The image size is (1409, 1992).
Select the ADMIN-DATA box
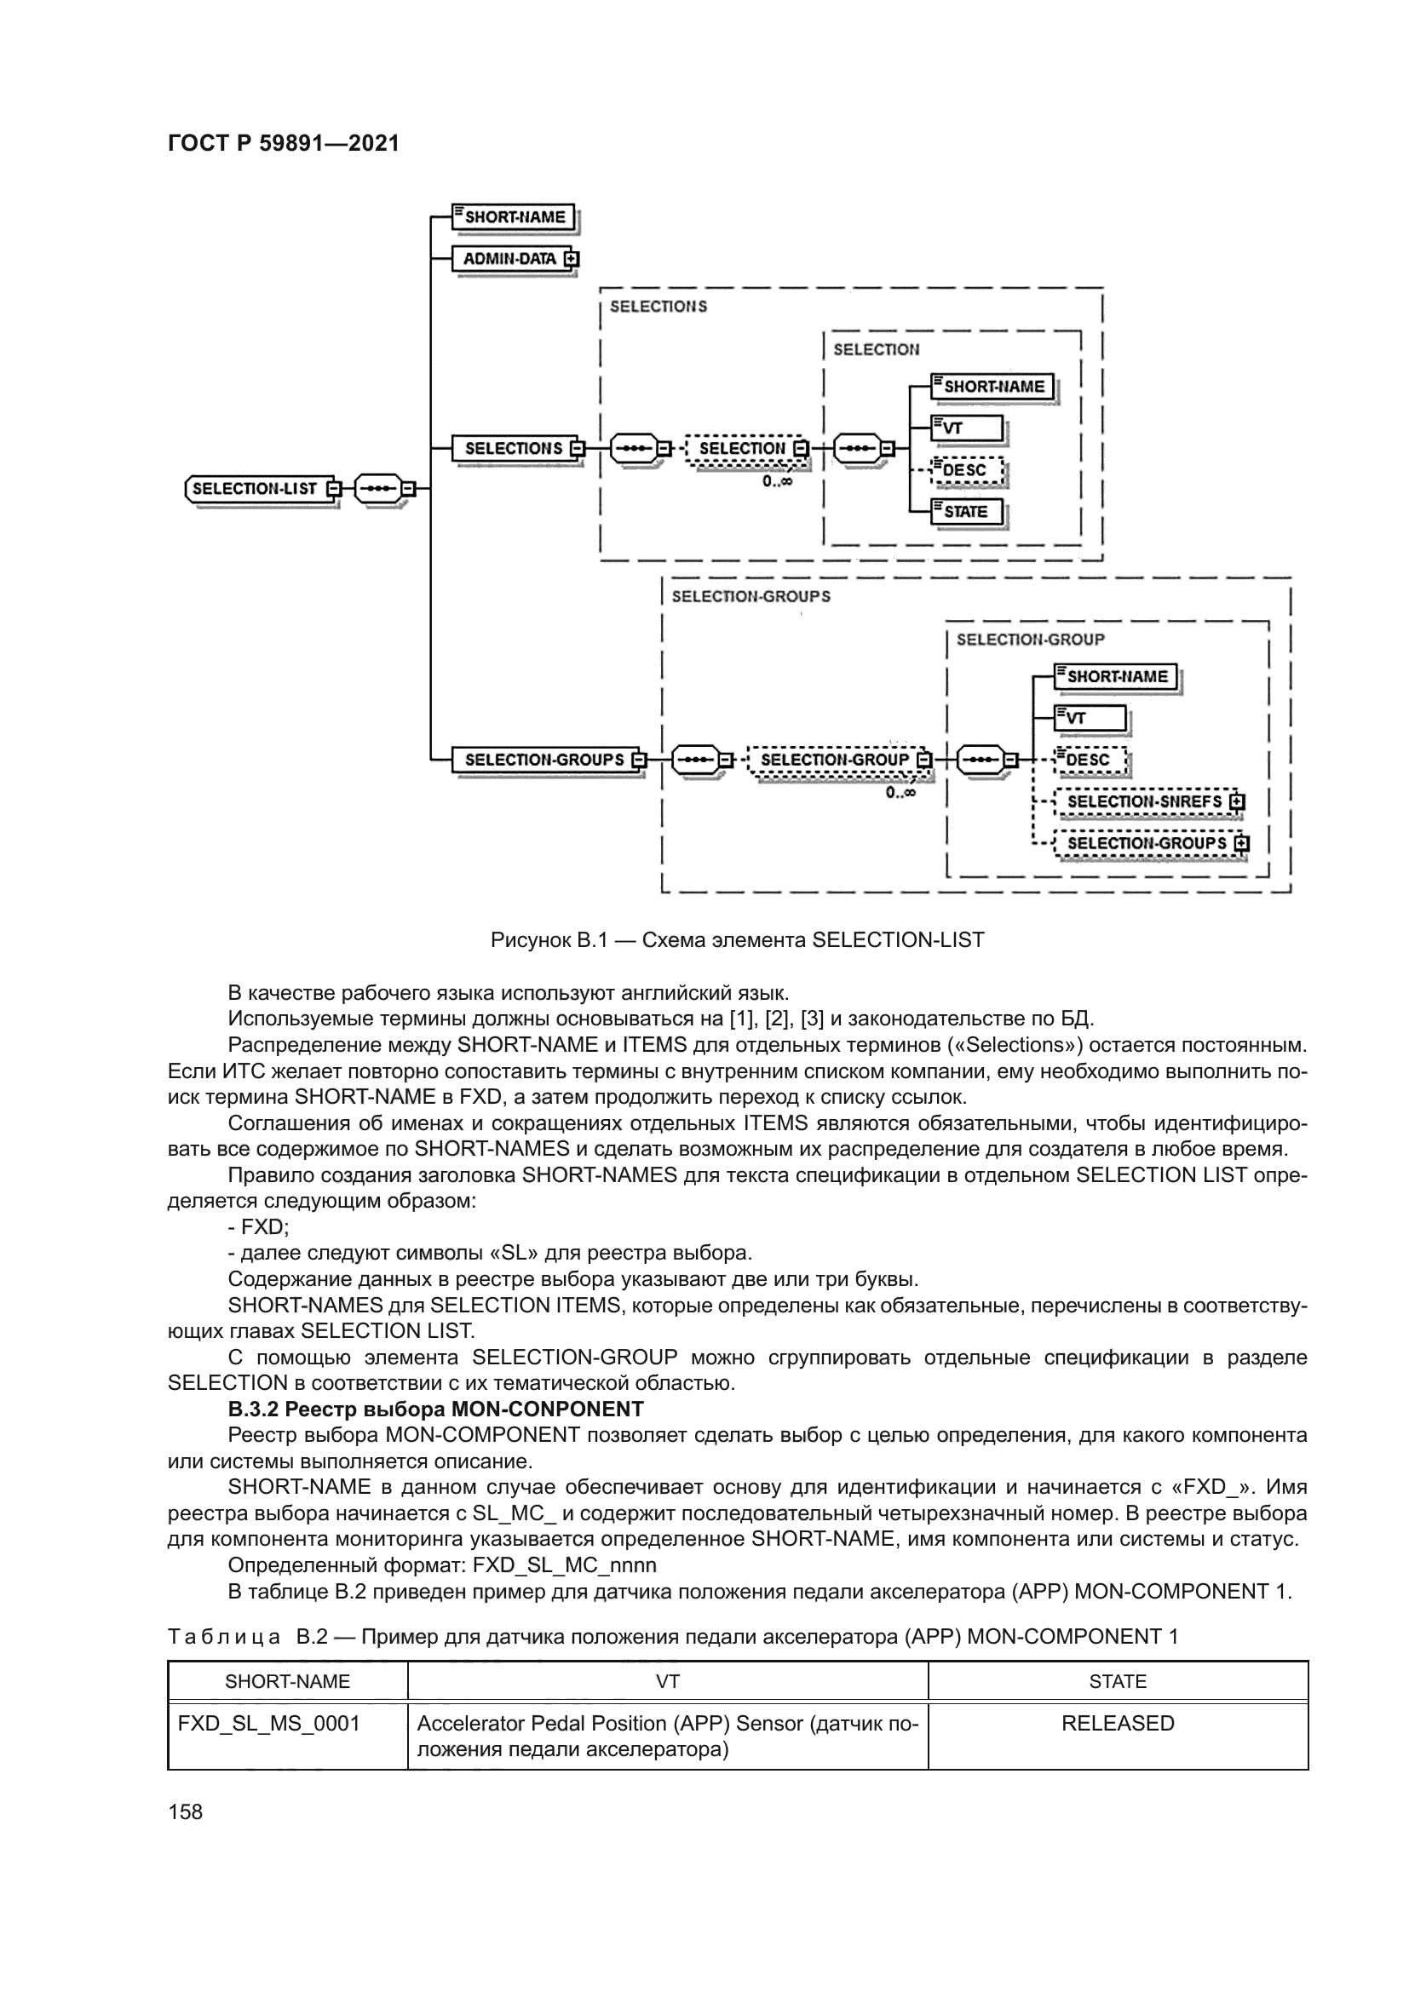509,259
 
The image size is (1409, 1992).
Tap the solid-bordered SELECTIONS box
513,449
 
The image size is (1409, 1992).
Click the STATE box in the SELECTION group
966,512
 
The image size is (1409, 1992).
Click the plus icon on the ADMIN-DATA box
571,259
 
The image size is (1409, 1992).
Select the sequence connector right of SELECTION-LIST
380,489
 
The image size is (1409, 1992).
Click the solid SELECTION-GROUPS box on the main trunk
544,760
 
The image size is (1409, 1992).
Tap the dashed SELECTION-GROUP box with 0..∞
834,760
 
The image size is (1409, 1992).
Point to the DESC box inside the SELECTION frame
966,470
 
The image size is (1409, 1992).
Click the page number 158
185,1811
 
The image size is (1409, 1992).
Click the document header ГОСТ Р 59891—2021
283,144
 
